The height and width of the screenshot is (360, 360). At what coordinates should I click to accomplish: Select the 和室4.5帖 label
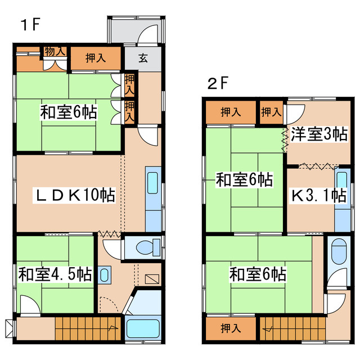click(55, 275)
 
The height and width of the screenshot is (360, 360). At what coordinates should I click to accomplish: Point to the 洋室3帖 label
click(318, 134)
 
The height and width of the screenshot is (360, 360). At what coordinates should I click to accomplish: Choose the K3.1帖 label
click(318, 196)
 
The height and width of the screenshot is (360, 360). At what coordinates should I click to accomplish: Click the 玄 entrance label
click(143, 57)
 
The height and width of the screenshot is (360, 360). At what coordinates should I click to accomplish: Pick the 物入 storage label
click(55, 51)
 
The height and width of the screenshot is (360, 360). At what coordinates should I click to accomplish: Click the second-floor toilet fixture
click(339, 251)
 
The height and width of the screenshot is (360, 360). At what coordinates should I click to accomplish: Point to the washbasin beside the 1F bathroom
click(105, 274)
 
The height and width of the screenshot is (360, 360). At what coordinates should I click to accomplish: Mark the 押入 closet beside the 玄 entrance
click(94, 57)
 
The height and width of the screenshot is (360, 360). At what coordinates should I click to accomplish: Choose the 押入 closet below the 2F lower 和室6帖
click(227, 328)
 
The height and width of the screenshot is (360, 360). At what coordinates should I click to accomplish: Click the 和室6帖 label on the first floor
click(68, 111)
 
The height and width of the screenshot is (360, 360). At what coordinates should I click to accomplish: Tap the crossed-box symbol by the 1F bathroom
click(152, 278)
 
